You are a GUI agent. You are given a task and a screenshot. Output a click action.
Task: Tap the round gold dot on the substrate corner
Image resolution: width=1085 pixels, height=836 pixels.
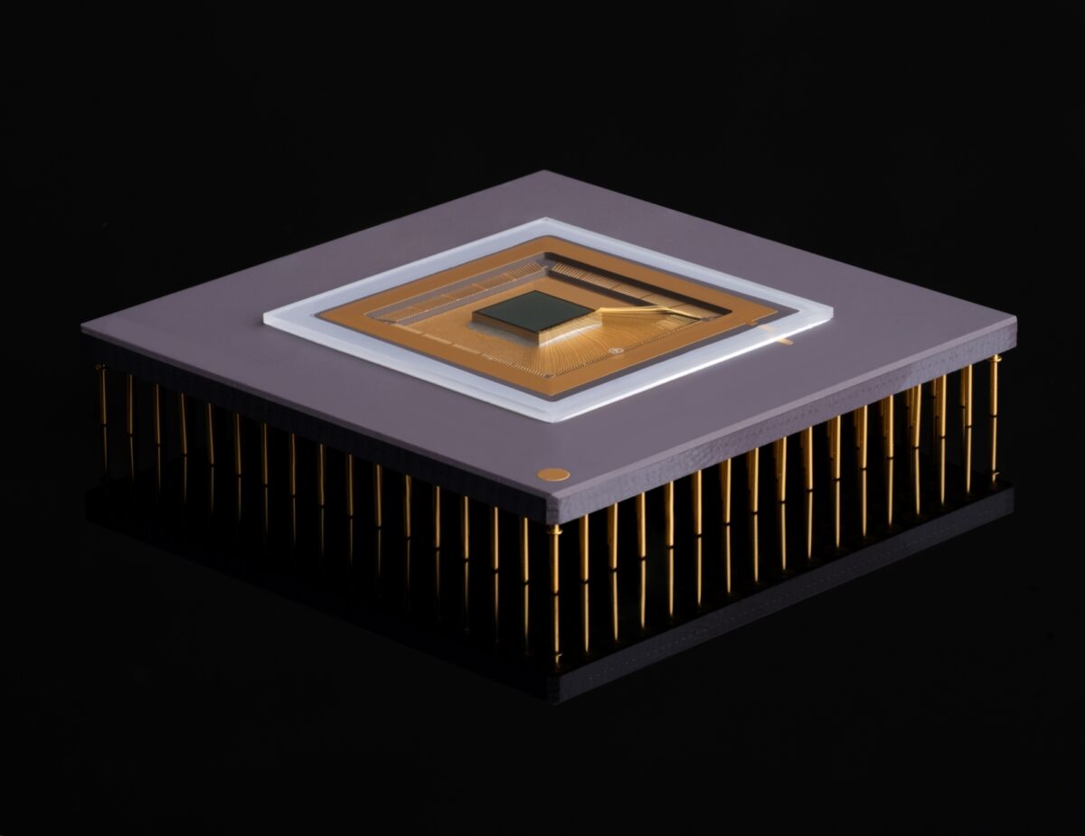point(552,474)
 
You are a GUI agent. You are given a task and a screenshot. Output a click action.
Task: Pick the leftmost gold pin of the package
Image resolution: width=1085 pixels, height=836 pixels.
point(102,407)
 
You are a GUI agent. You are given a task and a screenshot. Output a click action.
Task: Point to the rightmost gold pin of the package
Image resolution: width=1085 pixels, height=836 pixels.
point(995,416)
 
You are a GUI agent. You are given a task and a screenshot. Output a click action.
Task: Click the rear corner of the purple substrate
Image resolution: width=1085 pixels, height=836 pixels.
point(542,171)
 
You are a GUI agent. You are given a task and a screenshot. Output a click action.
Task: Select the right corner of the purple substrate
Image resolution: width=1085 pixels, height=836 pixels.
point(1016,322)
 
